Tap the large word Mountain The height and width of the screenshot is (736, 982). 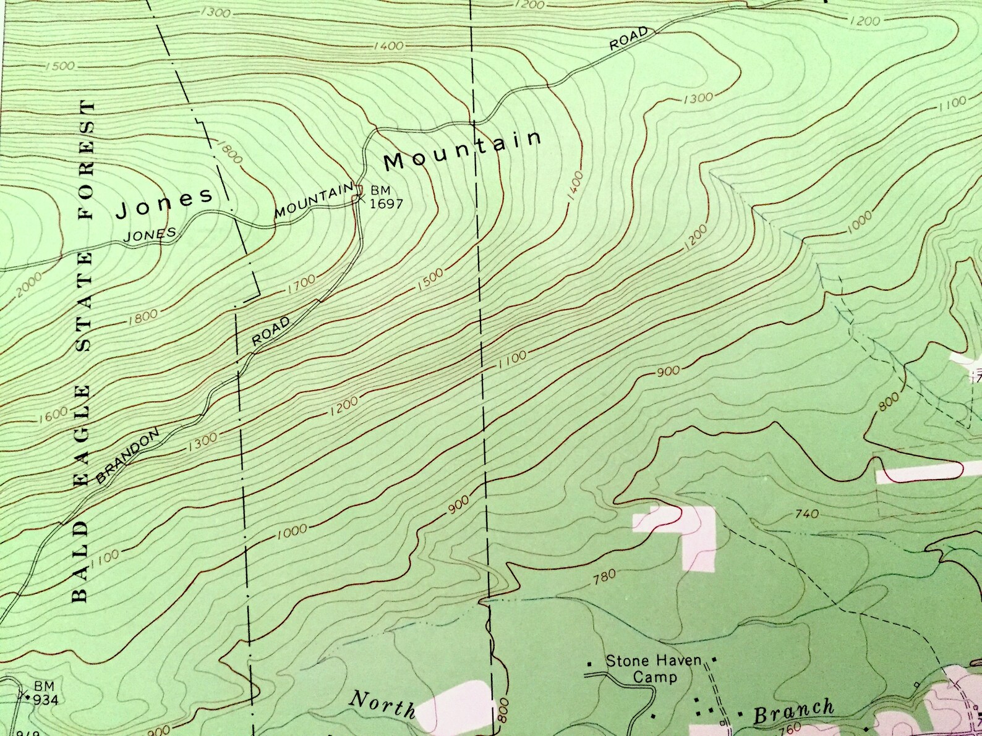(x=463, y=150)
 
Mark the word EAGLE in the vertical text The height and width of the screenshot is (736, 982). (x=82, y=423)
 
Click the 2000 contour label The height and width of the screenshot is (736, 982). (x=30, y=283)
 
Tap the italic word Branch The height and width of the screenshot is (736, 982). (x=794, y=711)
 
